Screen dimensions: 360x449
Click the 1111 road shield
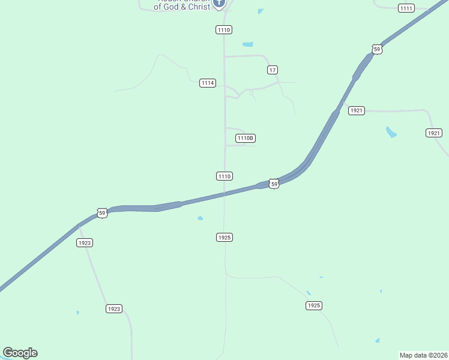click(406, 8)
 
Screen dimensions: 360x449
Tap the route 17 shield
click(273, 70)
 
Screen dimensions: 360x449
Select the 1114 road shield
click(208, 83)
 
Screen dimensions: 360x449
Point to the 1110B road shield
click(246, 138)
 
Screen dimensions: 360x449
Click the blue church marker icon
click(219, 3)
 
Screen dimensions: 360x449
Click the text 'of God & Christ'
click(182, 7)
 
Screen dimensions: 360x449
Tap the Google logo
click(20, 353)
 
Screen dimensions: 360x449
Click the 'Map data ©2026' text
click(424, 355)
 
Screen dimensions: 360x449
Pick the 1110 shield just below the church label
click(224, 29)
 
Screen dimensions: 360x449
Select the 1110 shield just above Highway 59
click(224, 176)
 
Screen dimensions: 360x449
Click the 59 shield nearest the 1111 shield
click(376, 49)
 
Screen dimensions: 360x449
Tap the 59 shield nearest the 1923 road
click(102, 213)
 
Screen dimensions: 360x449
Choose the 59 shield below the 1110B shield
click(274, 184)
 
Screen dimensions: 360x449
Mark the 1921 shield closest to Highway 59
click(357, 110)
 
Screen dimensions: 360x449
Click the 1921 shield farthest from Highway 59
click(434, 133)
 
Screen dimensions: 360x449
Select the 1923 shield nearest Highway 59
click(85, 242)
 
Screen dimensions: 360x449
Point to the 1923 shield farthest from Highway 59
click(114, 308)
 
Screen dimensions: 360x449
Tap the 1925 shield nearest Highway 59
click(224, 238)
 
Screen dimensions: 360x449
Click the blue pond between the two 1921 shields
click(391, 132)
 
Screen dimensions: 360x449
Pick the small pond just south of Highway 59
click(200, 218)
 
